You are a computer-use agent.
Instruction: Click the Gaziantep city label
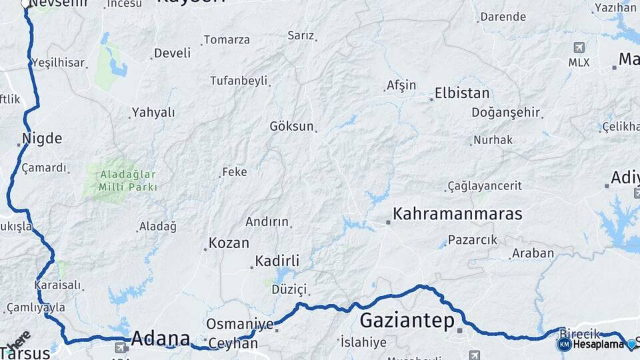coord(407,321)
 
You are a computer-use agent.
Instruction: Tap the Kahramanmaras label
coord(457,214)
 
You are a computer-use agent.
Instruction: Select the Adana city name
coord(160,338)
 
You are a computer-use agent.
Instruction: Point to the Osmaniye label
coord(240,324)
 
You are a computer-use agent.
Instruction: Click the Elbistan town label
coord(462,93)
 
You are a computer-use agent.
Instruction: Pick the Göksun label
coord(291,126)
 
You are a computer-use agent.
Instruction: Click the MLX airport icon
coord(579,48)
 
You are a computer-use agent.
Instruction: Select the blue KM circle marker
coord(564,344)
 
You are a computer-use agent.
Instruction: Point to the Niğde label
coord(42,139)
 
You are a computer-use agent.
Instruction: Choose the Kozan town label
coord(229,243)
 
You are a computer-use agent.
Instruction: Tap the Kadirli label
coord(277,261)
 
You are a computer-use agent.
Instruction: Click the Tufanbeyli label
coord(239,81)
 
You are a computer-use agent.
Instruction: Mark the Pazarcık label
coord(473,239)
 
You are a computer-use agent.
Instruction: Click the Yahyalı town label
coord(153,113)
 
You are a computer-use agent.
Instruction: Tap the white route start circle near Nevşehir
coord(26,4)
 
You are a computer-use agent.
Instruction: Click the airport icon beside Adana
coord(121,347)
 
